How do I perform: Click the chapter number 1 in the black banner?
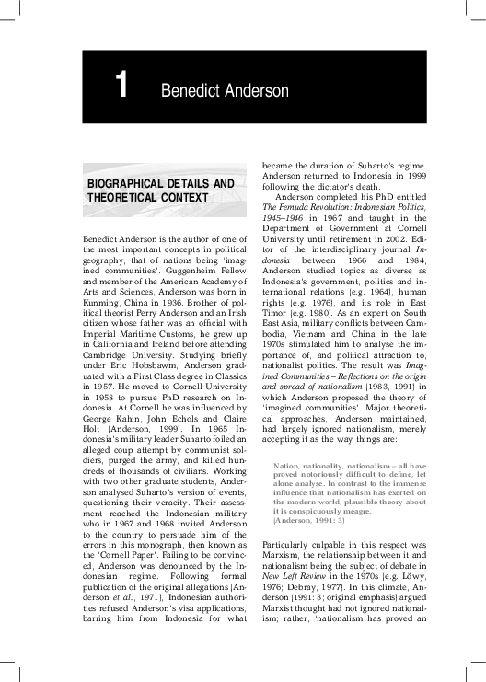(121, 87)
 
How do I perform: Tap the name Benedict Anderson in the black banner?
(225, 90)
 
